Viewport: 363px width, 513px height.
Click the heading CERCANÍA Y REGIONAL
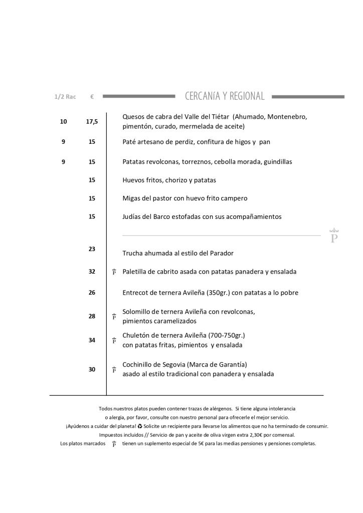(x=224, y=96)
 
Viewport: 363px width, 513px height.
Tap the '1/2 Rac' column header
(x=65, y=97)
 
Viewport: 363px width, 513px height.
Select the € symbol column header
(x=92, y=97)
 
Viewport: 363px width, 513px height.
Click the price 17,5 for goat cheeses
(x=92, y=122)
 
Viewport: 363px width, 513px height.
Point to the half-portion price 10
(x=63, y=122)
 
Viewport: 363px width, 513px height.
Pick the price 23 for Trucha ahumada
(x=92, y=248)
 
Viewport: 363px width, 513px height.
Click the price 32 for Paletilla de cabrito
(x=92, y=272)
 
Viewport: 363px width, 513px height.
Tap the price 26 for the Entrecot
(x=92, y=293)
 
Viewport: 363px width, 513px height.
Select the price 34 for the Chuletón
(x=92, y=340)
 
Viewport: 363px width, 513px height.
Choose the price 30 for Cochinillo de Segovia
(x=92, y=369)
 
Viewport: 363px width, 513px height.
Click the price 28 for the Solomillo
(x=92, y=316)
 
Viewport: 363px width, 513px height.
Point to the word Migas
(x=132, y=198)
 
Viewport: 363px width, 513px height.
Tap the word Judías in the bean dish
(x=132, y=217)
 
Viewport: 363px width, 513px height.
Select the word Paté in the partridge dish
(x=130, y=142)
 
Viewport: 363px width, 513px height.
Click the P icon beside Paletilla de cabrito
(x=114, y=272)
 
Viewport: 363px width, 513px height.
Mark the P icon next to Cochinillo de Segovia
(x=114, y=370)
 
